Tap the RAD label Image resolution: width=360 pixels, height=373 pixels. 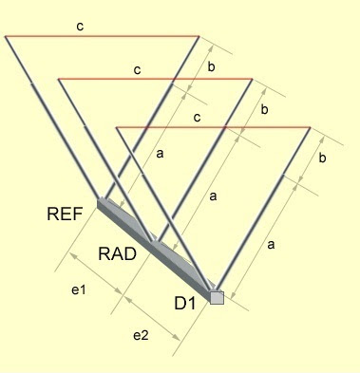click(x=119, y=252)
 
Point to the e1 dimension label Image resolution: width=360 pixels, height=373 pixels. click(x=79, y=289)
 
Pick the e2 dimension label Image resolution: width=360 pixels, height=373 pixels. click(x=140, y=334)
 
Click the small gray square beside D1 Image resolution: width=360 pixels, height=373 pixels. click(x=217, y=297)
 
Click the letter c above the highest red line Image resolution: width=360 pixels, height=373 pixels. click(x=80, y=26)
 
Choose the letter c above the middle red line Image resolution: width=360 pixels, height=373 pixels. click(x=139, y=69)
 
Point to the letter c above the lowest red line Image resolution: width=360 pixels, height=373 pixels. click(x=196, y=117)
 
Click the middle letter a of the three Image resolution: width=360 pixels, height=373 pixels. click(x=213, y=196)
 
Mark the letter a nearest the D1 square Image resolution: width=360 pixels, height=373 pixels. click(x=273, y=244)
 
